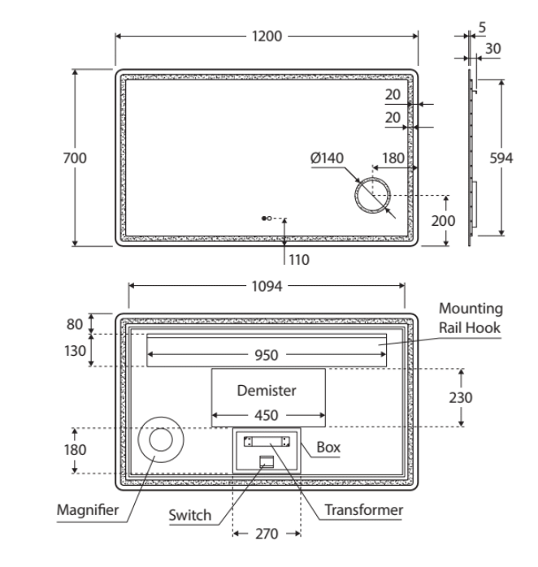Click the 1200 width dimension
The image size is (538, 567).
point(267,37)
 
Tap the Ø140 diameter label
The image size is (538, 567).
point(328,158)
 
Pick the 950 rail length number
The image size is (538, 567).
point(267,355)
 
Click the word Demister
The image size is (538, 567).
point(267,390)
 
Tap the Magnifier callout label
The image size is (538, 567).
point(88,510)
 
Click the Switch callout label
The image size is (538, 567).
point(189,515)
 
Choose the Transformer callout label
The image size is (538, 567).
point(364,510)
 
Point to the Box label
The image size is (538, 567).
point(328,447)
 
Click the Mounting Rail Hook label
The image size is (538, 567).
point(471,318)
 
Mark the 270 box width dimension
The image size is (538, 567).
point(267,534)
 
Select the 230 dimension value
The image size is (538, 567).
point(461,398)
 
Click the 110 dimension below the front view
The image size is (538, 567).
point(300,260)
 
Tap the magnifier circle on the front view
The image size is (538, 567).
point(373,195)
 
